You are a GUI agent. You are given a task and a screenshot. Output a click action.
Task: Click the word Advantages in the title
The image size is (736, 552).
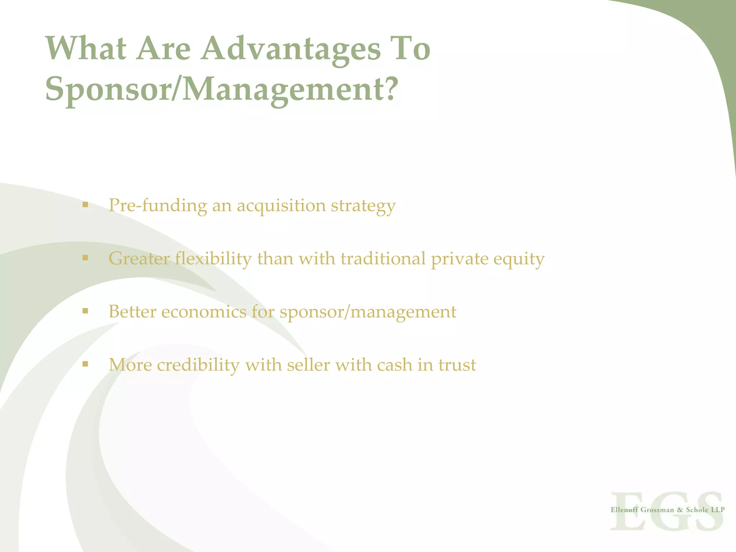(290, 49)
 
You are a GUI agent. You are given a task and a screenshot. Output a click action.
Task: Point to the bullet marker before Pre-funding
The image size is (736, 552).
(85, 205)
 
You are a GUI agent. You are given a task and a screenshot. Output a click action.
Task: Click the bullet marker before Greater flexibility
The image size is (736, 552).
(85, 258)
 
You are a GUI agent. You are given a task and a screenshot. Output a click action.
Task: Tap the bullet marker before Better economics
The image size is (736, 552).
(85, 311)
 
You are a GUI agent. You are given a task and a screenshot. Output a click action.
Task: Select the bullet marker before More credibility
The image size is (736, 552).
(85, 364)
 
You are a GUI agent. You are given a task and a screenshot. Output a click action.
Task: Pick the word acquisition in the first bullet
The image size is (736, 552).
(281, 206)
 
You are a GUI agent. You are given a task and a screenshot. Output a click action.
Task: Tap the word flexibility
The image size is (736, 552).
(213, 259)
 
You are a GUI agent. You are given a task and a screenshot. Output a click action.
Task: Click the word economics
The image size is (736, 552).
(204, 312)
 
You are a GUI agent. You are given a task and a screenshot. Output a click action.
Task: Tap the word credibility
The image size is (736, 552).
(198, 365)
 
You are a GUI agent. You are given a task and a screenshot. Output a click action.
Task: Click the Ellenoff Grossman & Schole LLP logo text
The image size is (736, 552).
(667, 510)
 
